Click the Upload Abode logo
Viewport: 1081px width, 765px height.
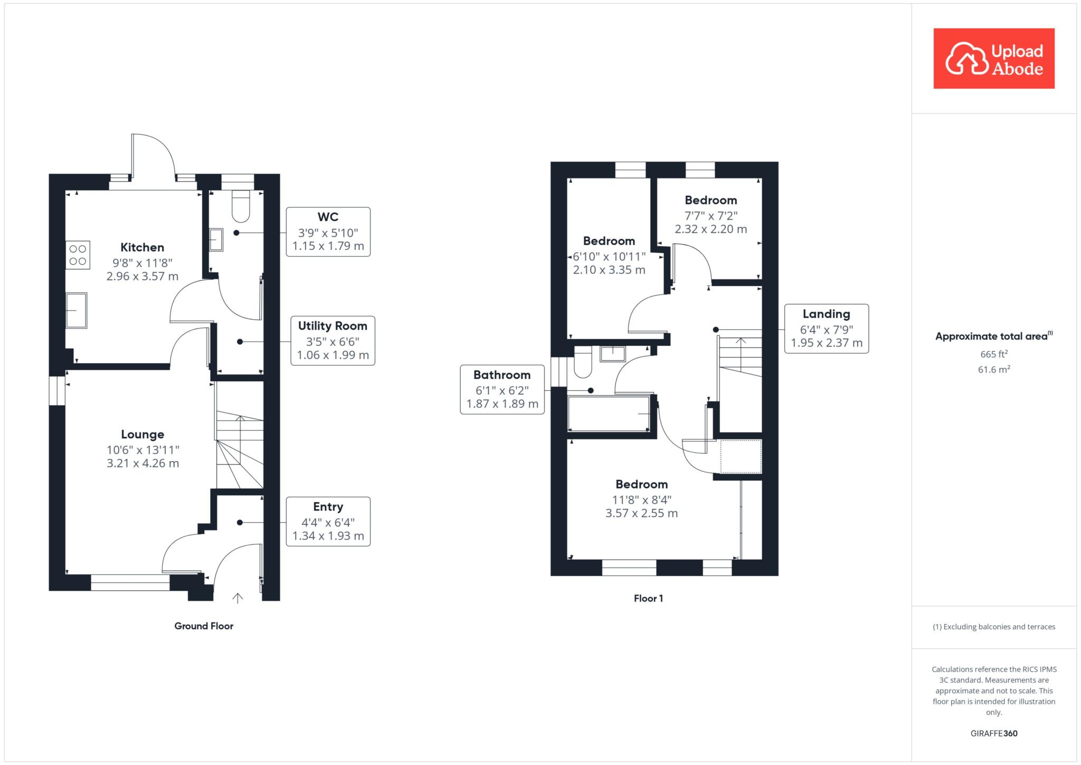coord(994,59)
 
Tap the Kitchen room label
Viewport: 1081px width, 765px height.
coord(142,247)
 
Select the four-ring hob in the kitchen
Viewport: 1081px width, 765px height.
coord(78,255)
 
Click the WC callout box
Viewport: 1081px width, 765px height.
coord(328,232)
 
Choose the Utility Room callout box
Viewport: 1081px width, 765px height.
coord(333,341)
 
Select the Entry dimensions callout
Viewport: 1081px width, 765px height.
coord(328,522)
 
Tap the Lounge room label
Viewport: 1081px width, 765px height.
coord(143,435)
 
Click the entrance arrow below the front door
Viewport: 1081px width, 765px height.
coord(238,598)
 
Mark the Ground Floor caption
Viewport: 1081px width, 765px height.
coord(204,626)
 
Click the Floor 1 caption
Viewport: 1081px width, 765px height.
coord(648,598)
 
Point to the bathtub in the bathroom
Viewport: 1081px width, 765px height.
coord(609,414)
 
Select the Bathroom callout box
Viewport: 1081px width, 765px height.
coord(502,390)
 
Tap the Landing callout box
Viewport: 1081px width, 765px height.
coord(827,328)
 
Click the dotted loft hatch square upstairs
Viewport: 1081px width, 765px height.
coord(741,456)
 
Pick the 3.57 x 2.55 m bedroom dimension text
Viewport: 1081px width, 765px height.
coord(642,513)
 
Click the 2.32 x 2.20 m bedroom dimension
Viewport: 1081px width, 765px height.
coord(711,229)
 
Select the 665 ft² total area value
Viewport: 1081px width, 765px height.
coord(994,354)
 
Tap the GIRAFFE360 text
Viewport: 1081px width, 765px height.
coord(994,733)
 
